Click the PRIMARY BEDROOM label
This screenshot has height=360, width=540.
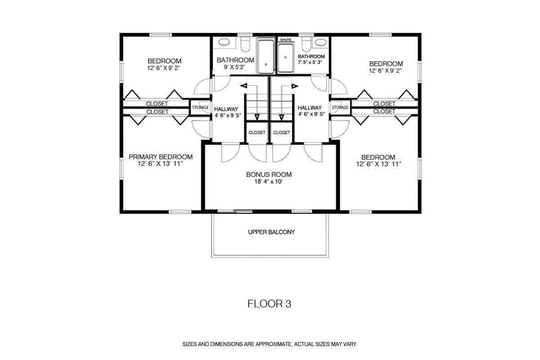pyautogui.click(x=161, y=157)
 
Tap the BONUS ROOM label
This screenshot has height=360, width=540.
pyautogui.click(x=269, y=174)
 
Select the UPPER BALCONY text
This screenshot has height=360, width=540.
pyautogui.click(x=271, y=232)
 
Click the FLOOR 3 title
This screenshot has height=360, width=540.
pyautogui.click(x=269, y=304)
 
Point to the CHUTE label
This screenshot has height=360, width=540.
pyautogui.click(x=286, y=40)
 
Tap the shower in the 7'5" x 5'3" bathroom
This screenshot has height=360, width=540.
pyautogui.click(x=286, y=58)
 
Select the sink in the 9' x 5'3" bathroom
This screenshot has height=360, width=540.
pyautogui.click(x=224, y=42)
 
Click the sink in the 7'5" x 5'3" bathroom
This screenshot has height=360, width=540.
pyautogui.click(x=321, y=42)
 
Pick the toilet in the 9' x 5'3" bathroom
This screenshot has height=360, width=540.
pyautogui.click(x=245, y=44)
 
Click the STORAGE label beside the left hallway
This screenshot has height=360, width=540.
pyautogui.click(x=200, y=107)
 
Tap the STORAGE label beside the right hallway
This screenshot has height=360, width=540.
pyautogui.click(x=340, y=107)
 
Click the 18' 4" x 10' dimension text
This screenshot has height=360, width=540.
pyautogui.click(x=269, y=181)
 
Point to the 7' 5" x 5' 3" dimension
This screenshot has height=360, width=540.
pyautogui.click(x=310, y=62)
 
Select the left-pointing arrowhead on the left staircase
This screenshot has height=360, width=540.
pyautogui.click(x=244, y=85)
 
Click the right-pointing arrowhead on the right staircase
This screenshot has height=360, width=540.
pyautogui.click(x=295, y=86)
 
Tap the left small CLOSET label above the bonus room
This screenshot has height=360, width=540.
pyautogui.click(x=257, y=133)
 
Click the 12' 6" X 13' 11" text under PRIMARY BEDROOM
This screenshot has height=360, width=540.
pyautogui.click(x=160, y=164)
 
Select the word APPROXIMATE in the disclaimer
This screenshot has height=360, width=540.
pyautogui.click(x=274, y=344)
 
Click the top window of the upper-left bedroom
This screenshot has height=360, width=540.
pyautogui.click(x=161, y=35)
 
